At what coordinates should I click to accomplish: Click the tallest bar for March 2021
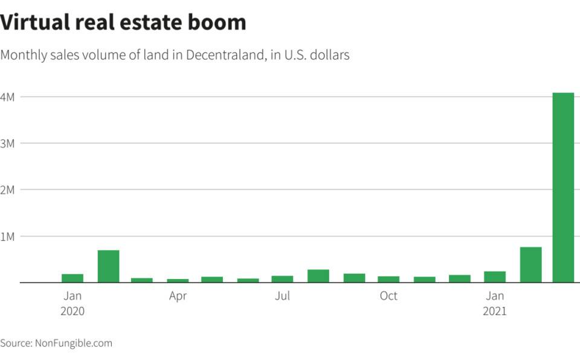coord(563,187)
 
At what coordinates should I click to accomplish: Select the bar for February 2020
coord(108,266)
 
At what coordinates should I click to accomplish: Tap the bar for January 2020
coord(72,278)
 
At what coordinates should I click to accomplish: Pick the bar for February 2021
coord(530,265)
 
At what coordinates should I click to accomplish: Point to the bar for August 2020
coord(318,276)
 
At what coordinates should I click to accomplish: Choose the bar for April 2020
coord(178,280)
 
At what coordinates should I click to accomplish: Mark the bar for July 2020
coord(282,279)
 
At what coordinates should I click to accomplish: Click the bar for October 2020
coord(388,279)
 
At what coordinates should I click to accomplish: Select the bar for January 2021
coord(495,277)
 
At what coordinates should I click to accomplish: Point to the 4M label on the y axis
coord(8,97)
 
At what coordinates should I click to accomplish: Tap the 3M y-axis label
coord(8,143)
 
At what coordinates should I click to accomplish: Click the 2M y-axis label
coord(8,190)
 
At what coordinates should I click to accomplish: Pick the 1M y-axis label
coord(8,236)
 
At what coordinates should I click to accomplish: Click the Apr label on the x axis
coord(178,296)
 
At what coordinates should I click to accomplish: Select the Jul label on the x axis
coord(282,296)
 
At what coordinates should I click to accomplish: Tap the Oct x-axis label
coord(388,296)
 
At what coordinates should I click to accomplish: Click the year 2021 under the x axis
coord(495,312)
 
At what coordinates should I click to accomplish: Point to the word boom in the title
coord(219,22)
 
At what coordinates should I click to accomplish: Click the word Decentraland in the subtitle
coord(225,55)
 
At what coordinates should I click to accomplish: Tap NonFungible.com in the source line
coord(74,343)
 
